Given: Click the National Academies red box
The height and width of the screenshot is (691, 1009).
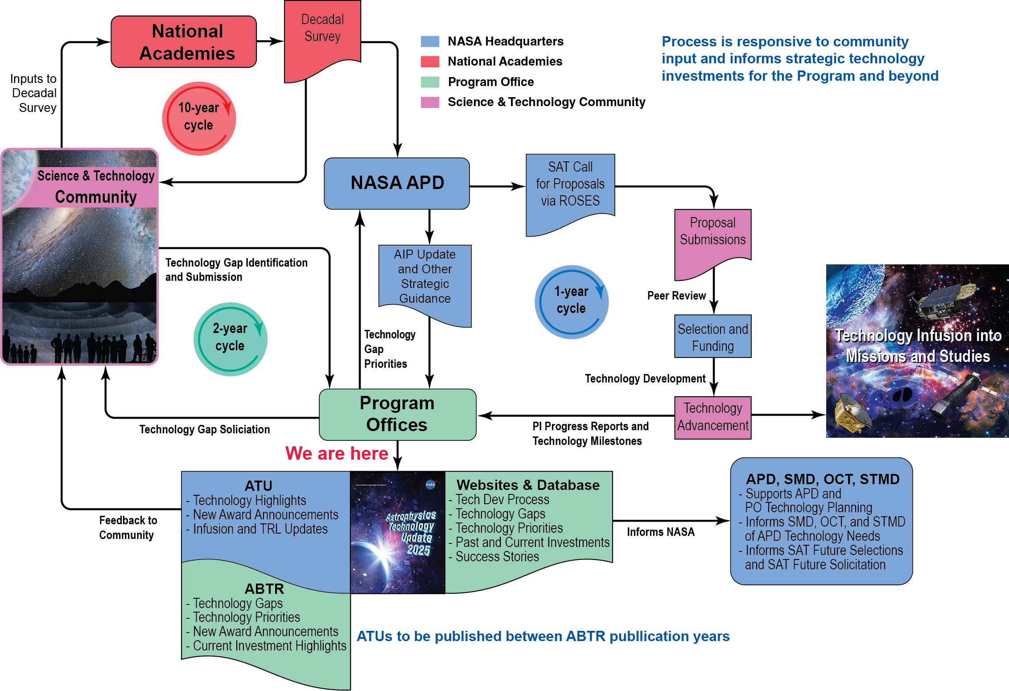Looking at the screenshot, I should point(184,42).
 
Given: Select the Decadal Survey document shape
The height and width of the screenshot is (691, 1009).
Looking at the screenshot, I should point(322,36).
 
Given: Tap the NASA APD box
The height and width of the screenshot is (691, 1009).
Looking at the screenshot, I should point(396,183).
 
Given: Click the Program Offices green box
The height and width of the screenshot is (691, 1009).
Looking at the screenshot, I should point(397,414).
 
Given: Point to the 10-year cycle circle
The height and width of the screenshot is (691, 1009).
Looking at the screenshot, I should point(199,119).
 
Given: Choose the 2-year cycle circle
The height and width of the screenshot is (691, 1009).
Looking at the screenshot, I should point(230,339).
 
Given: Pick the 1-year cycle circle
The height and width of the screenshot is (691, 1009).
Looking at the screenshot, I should point(571,302).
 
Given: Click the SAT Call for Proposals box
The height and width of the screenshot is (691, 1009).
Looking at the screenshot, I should point(570,187).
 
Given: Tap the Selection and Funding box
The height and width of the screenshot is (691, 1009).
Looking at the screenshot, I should point(712,337).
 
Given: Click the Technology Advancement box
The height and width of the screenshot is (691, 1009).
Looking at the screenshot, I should point(712,417).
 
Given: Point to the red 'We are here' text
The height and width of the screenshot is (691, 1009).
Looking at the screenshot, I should point(337,453).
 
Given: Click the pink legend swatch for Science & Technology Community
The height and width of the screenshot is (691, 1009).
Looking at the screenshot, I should point(430,102).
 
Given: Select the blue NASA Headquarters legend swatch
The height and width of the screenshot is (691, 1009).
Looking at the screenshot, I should point(430,41).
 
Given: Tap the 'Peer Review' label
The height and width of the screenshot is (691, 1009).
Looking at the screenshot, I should point(676,296).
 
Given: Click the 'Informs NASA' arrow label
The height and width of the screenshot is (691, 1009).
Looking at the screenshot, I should point(660,532).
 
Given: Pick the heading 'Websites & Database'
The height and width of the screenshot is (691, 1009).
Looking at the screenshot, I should point(528,485).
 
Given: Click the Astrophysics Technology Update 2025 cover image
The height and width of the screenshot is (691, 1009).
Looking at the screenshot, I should point(398,532).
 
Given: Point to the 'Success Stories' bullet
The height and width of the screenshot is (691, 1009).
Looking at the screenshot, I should point(497,557).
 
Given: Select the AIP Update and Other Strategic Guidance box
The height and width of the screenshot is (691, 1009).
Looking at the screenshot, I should point(424,279).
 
